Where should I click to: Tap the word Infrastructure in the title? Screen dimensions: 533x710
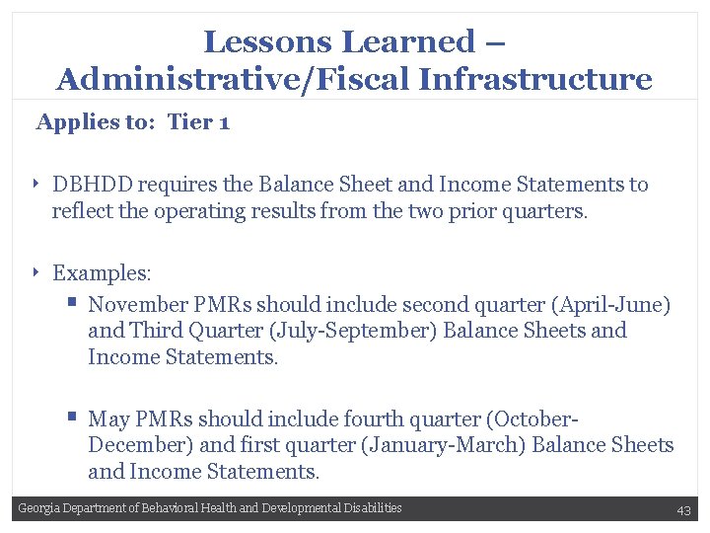535,79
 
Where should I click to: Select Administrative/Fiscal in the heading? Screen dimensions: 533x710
234,79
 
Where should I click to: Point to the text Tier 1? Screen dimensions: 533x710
198,122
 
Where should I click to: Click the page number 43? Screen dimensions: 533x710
683,509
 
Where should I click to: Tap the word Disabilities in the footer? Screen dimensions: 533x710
374,508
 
